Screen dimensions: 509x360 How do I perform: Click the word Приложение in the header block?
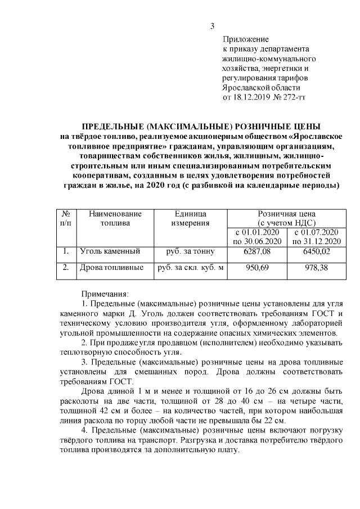[246, 39]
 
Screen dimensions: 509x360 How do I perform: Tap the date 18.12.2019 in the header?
[250, 97]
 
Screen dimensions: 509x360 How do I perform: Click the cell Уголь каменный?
[110, 251]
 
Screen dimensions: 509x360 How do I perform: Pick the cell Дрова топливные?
[111, 268]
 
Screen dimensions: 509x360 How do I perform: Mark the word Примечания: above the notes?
[105, 294]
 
